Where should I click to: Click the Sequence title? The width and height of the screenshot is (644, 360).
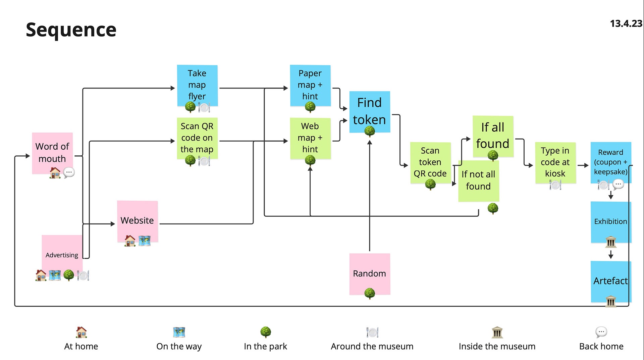pyautogui.click(x=71, y=30)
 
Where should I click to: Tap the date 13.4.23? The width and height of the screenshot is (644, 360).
pyautogui.click(x=626, y=23)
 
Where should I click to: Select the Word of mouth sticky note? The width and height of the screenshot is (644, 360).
pyautogui.click(x=52, y=153)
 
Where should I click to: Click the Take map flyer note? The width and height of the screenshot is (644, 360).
pyautogui.click(x=197, y=86)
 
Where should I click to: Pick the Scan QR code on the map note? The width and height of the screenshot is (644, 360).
pyautogui.click(x=197, y=138)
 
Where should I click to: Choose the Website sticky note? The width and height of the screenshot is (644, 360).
pyautogui.click(x=138, y=221)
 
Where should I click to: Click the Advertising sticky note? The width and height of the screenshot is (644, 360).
pyautogui.click(x=62, y=255)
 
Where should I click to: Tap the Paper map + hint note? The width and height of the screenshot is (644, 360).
pyautogui.click(x=310, y=86)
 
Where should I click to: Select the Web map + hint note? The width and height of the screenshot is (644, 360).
pyautogui.click(x=310, y=138)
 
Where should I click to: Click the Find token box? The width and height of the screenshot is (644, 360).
pyautogui.click(x=370, y=112)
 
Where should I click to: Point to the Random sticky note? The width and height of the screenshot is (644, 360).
pyautogui.click(x=370, y=274)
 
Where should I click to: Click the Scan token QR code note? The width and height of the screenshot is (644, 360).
pyautogui.click(x=430, y=163)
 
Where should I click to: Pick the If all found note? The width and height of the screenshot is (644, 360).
pyautogui.click(x=493, y=136)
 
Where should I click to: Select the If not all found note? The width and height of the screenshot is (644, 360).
pyautogui.click(x=479, y=181)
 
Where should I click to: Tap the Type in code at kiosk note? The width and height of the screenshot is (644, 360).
pyautogui.click(x=555, y=163)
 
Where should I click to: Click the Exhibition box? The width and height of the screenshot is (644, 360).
pyautogui.click(x=611, y=222)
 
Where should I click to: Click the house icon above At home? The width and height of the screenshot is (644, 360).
pyautogui.click(x=81, y=332)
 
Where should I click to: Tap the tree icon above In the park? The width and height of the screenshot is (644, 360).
pyautogui.click(x=266, y=332)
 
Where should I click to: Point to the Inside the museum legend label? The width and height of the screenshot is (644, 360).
pyautogui.click(x=497, y=346)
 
